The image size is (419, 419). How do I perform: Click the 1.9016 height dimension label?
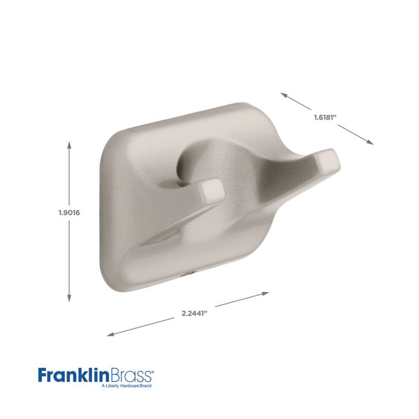(69, 213)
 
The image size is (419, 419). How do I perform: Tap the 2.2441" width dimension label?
(195, 313)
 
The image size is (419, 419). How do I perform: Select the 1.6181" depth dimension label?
(325, 117)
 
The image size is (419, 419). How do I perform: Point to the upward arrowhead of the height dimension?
(69, 145)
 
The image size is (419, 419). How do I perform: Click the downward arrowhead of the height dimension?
(69, 298)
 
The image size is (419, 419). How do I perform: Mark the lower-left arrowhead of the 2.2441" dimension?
(110, 334)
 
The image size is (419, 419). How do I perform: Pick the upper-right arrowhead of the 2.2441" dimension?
(265, 294)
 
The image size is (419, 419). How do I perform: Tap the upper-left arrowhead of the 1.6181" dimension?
(284, 95)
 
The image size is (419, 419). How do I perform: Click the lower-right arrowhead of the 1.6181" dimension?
(370, 142)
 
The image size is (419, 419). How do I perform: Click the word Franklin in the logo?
(74, 375)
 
